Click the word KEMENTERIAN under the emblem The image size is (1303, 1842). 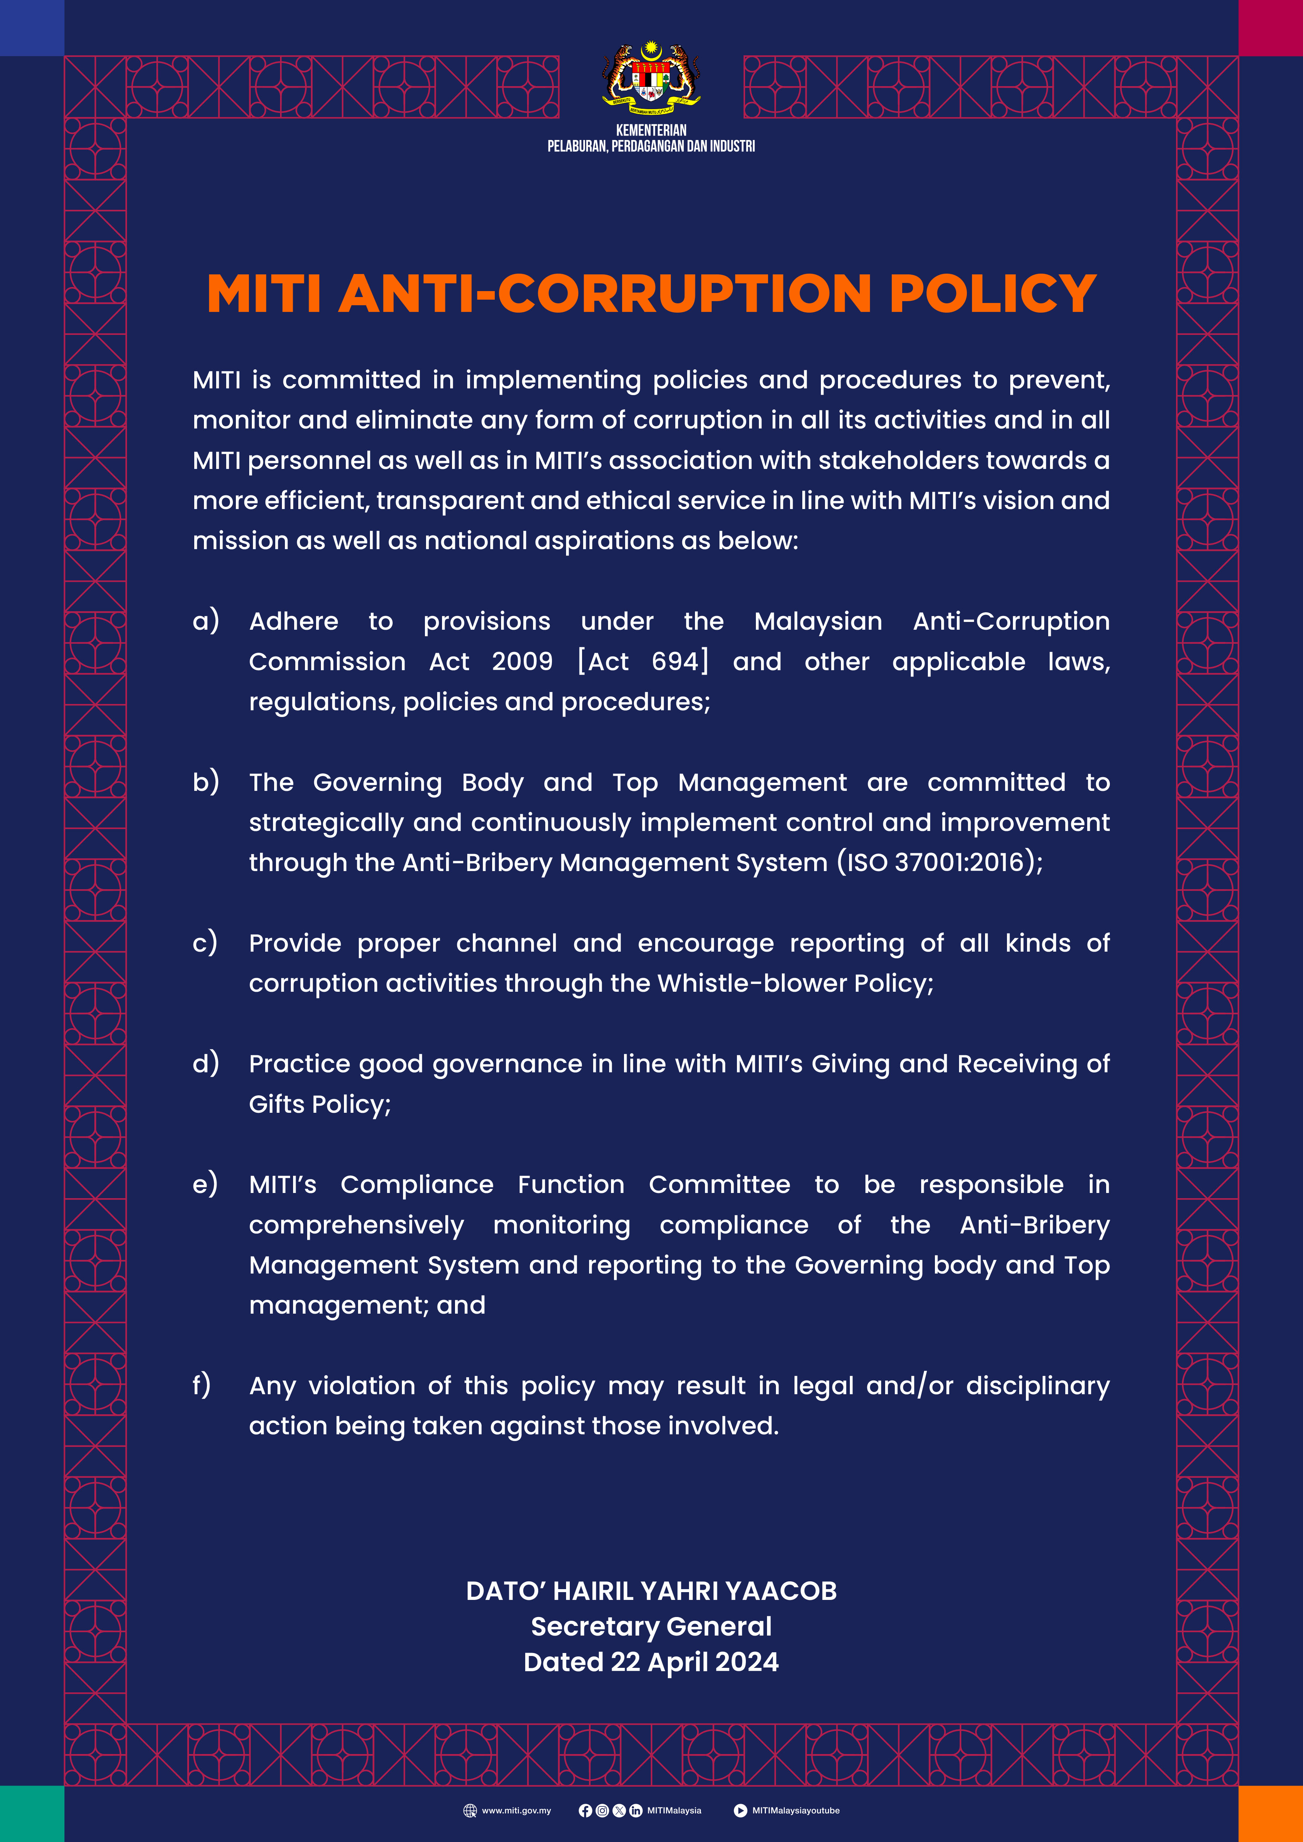651,130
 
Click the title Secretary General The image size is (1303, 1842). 651,1626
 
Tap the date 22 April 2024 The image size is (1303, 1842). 694,1662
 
